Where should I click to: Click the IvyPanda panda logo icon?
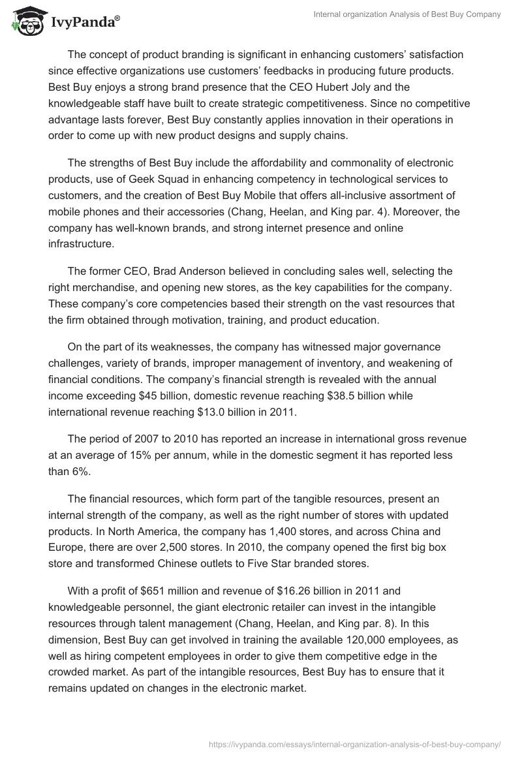[25, 22]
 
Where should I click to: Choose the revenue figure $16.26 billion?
[292, 592]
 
